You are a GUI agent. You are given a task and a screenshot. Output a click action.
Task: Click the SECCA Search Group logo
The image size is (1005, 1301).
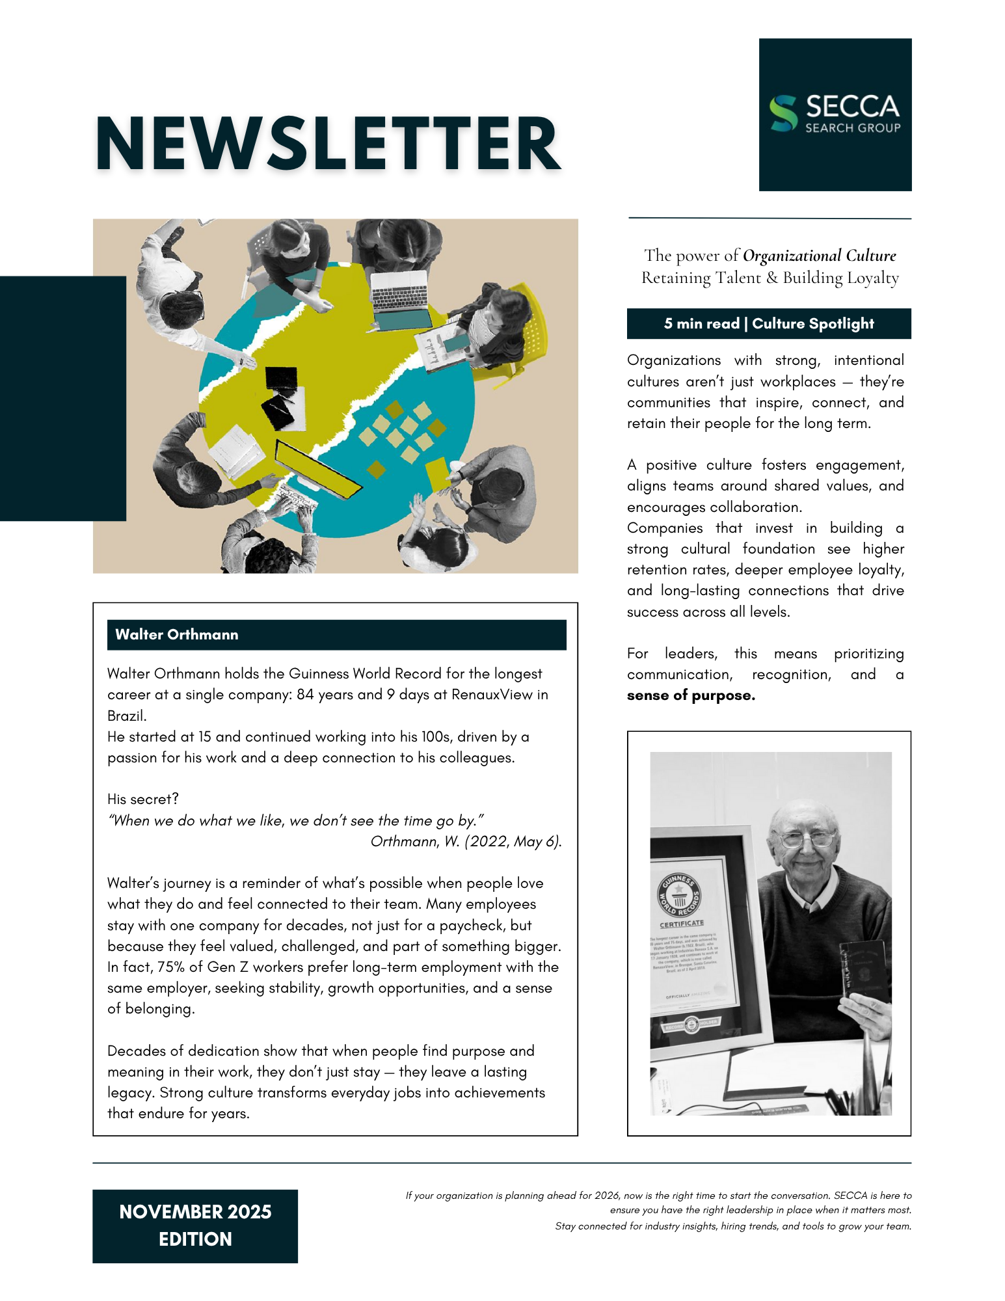click(x=835, y=114)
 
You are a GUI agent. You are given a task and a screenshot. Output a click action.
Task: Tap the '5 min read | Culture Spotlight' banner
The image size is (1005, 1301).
click(x=768, y=324)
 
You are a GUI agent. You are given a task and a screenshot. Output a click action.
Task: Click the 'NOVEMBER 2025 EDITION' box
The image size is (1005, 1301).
click(x=195, y=1226)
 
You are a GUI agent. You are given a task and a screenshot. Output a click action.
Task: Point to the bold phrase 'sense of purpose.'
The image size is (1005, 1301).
click(x=691, y=695)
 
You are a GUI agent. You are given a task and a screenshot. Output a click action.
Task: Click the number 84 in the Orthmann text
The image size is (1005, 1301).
click(x=305, y=695)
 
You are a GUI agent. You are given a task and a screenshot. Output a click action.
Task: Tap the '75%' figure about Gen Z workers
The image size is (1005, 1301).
click(x=172, y=967)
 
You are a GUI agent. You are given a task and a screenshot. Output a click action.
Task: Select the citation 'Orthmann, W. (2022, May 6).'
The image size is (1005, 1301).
click(x=466, y=842)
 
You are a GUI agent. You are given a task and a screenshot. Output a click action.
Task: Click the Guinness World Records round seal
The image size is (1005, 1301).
click(x=678, y=896)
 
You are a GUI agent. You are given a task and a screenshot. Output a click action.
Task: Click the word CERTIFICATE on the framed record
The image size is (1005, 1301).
click(x=681, y=924)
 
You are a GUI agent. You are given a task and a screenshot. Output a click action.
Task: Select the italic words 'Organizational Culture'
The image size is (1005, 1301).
click(x=819, y=256)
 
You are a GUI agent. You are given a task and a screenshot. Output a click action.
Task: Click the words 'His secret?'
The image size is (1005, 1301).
click(x=143, y=799)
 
